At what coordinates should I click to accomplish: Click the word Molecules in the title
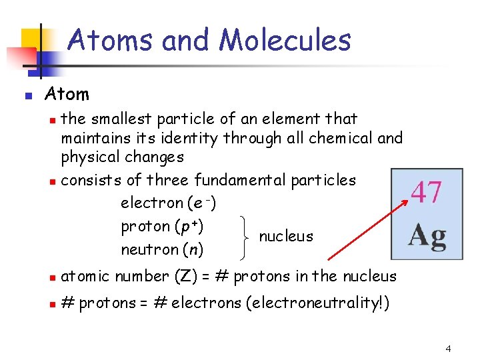[x=285, y=40]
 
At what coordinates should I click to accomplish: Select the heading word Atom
[x=67, y=94]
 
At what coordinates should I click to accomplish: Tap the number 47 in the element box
[x=426, y=192]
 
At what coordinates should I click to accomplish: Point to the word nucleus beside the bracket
[x=285, y=237]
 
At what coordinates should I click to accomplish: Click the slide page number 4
[x=449, y=349]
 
